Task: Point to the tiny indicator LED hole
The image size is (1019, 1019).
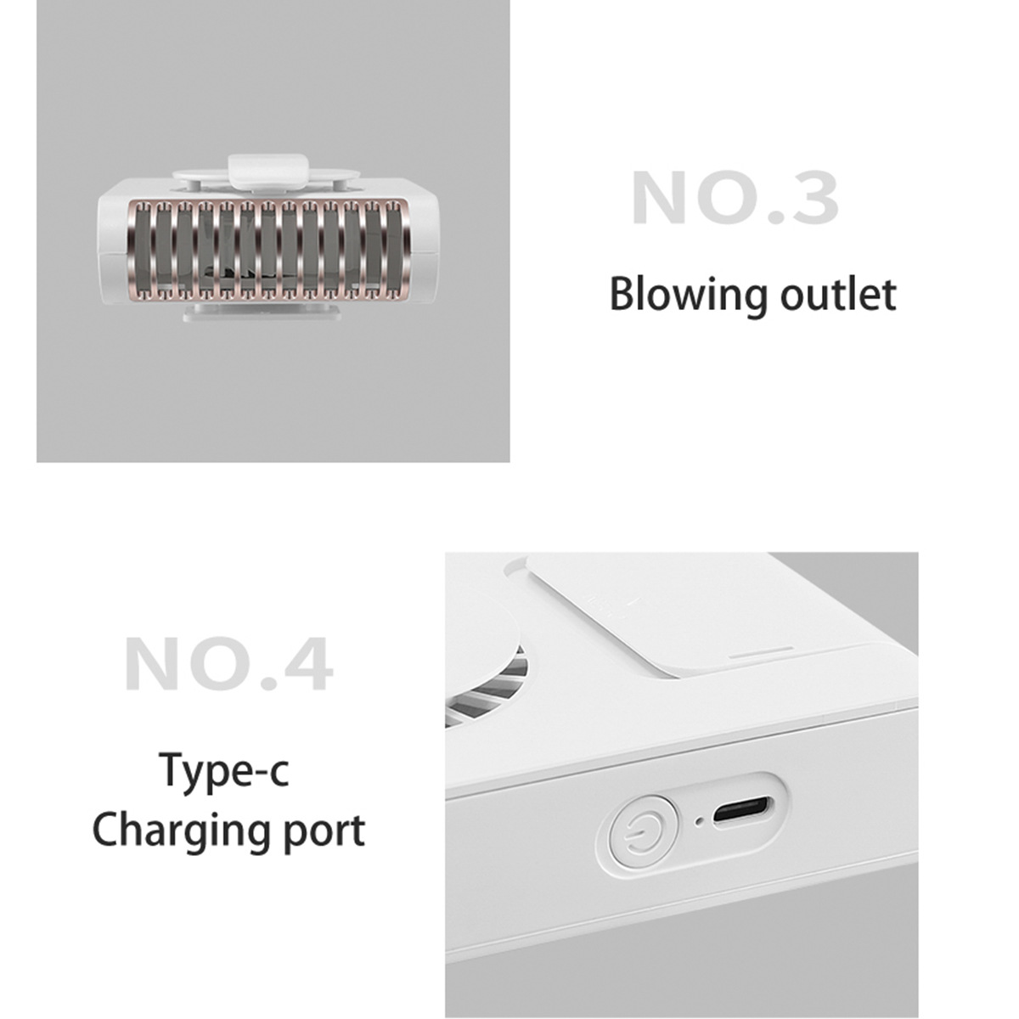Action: point(700,822)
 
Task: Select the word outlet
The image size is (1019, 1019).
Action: point(839,295)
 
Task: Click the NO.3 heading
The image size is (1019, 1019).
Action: point(735,199)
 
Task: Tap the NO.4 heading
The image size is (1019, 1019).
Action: point(229,664)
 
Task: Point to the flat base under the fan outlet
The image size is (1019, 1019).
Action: point(262,312)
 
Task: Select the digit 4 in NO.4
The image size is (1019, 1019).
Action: point(308,664)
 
